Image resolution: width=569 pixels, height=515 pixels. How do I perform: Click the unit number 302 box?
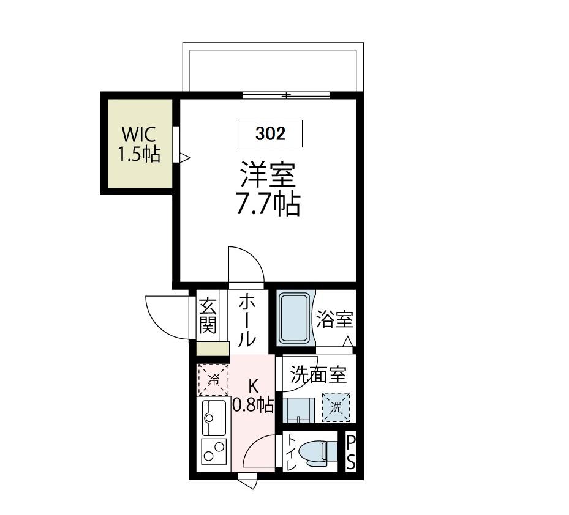pos(269,134)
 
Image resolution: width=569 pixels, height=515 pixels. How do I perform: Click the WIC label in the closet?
pos(138,134)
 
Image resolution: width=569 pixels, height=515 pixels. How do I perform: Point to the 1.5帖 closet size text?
pos(139,155)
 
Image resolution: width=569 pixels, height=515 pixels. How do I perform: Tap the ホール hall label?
pos(247,319)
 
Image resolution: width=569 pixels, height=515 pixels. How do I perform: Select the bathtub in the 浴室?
pos(295,318)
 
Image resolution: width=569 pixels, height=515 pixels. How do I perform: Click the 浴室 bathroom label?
pos(334,319)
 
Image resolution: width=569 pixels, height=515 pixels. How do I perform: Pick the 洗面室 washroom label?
pos(318,374)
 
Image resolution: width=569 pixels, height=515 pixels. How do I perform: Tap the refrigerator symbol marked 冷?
pos(213,379)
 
